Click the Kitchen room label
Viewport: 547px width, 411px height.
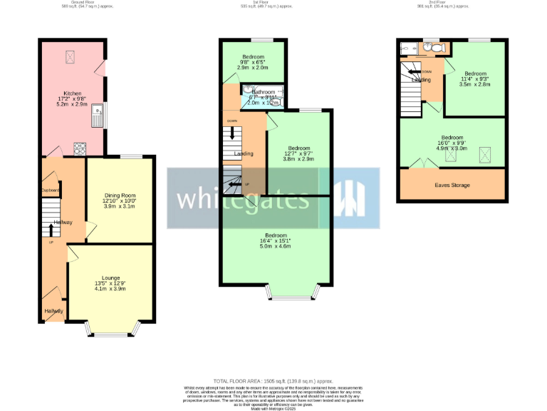tap(73, 93)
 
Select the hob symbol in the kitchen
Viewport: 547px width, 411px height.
tap(80, 149)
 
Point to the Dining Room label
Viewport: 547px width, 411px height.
tap(120, 196)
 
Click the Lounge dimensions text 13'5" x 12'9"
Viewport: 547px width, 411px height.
tap(110, 284)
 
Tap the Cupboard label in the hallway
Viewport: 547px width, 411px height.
tap(50, 191)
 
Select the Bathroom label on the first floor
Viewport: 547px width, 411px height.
tap(262, 93)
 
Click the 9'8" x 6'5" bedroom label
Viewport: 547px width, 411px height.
tap(253, 63)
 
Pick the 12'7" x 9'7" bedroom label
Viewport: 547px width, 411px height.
tap(299, 153)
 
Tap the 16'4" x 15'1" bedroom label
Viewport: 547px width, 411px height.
tap(276, 241)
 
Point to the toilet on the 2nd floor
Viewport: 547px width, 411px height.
tap(439, 48)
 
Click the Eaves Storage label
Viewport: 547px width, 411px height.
tap(452, 186)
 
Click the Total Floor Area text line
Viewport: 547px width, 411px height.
tap(273, 382)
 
